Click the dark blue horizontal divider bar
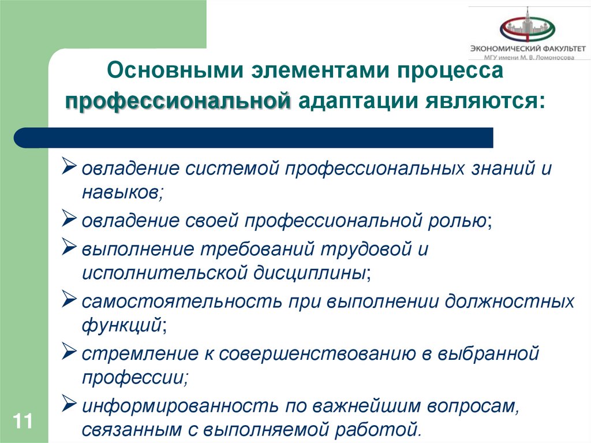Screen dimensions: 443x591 [254, 137]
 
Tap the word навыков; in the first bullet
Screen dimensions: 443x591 [123, 192]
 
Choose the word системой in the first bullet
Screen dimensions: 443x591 [231, 169]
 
